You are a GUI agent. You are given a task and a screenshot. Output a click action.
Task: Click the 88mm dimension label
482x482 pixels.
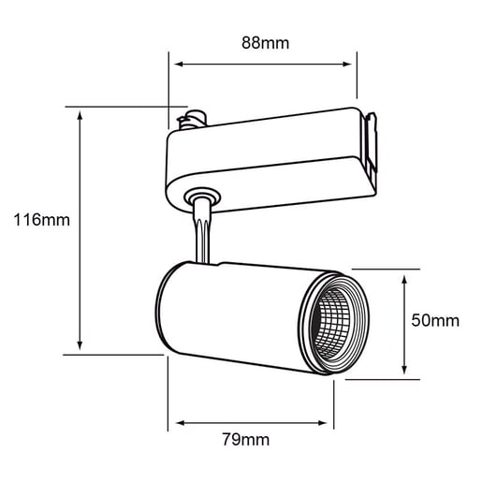[x=265, y=43]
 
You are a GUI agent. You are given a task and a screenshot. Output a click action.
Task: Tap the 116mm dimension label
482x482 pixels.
[x=42, y=220]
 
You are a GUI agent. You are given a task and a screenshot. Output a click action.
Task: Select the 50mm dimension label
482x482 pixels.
[x=435, y=320]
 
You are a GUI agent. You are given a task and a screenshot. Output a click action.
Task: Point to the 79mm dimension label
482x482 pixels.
[x=246, y=440]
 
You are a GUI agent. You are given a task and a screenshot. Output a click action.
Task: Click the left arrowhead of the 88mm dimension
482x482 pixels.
[x=179, y=65]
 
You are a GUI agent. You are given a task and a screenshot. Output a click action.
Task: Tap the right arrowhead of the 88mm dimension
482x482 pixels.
[x=347, y=65]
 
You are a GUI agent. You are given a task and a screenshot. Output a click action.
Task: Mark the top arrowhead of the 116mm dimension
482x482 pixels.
[x=80, y=114]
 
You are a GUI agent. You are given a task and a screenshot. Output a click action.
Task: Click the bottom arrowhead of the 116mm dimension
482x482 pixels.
[x=80, y=345]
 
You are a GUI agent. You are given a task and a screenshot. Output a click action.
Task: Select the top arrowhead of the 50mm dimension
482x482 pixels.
[x=404, y=280]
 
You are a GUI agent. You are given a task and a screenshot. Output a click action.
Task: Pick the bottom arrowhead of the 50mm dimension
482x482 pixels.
[x=404, y=370]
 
